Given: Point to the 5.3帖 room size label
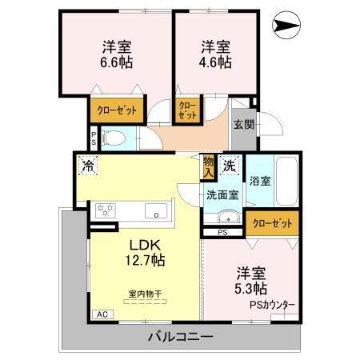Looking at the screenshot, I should [251, 288].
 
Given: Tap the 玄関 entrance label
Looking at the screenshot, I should [244, 124].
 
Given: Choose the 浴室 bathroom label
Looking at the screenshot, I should [259, 180].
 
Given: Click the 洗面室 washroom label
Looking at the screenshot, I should [222, 194].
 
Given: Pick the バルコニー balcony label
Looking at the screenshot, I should [179, 337].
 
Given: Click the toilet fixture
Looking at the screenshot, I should [111, 138].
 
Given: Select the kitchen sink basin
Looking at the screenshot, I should [156, 211].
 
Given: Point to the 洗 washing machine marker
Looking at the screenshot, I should [229, 166].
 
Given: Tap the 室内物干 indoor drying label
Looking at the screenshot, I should [146, 295].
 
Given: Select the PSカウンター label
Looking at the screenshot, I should [271, 305].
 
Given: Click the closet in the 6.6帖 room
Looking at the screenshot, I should [117, 110].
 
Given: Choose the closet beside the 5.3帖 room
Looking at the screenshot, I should [274, 222].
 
